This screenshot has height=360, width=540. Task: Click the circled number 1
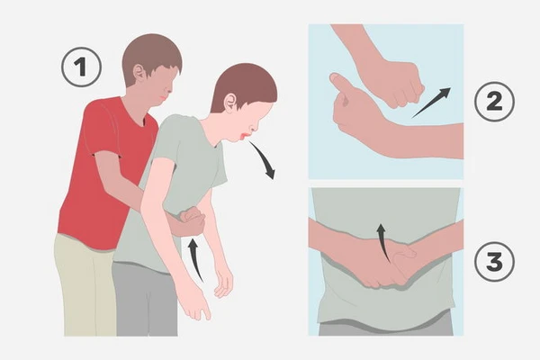(x=82, y=67)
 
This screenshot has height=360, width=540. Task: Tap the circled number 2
(x=494, y=102)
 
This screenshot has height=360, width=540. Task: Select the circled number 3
(x=494, y=262)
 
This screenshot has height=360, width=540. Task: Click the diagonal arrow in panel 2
(x=431, y=103)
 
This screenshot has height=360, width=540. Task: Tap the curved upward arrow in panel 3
(x=383, y=241)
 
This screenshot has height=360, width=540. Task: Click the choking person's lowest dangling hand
(x=196, y=305)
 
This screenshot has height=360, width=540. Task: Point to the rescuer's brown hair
(x=151, y=55)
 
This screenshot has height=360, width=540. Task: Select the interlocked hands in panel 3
(x=386, y=264)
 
